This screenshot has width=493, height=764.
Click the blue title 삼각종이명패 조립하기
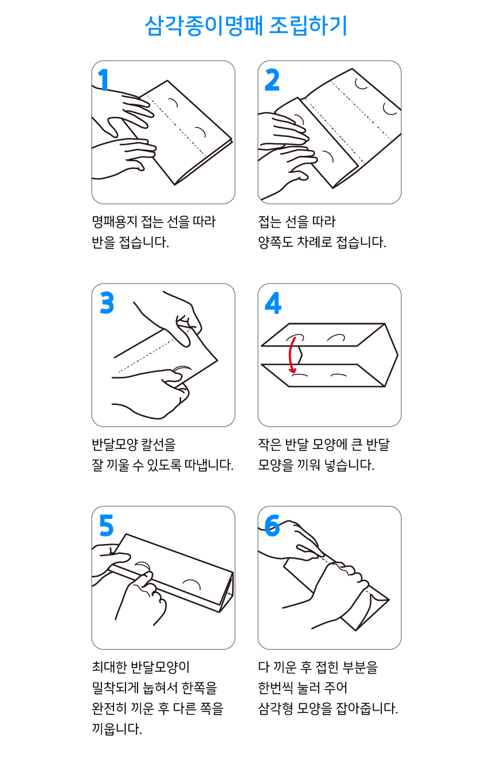point(246,26)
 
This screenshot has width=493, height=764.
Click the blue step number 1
point(104,80)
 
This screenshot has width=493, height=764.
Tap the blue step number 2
point(272,80)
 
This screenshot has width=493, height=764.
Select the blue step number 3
point(107,303)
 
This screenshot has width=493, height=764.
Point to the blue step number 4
point(273,303)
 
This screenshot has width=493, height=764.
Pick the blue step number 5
point(106,526)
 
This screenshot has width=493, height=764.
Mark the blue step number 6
point(272,526)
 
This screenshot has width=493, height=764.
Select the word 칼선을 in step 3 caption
point(162,444)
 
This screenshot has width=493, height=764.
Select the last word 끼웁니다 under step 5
point(116,728)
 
